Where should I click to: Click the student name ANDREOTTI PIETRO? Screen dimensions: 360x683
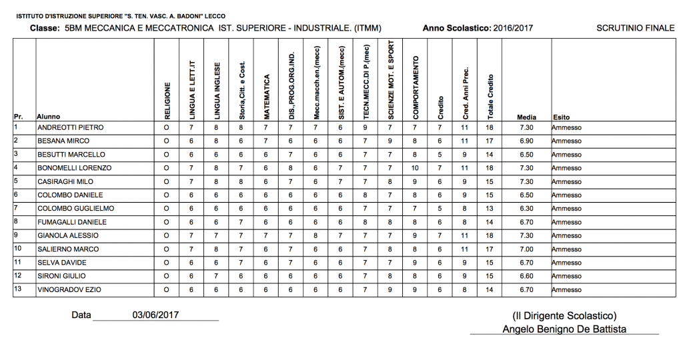pos(70,127)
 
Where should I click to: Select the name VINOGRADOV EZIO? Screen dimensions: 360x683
pos(70,290)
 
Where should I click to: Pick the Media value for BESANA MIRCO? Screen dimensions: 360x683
pos(526,141)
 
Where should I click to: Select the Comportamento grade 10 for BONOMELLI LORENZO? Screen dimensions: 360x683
pos(414,168)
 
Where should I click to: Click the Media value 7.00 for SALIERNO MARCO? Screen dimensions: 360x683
pos(526,249)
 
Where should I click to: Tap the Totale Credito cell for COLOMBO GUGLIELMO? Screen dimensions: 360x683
pos(490,209)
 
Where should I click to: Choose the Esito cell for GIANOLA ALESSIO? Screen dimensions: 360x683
pos(567,236)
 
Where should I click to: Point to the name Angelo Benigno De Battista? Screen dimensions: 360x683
pos(564,329)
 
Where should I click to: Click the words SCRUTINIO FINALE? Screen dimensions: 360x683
pos(635,28)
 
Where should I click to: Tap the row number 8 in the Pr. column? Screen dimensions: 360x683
pos(16,221)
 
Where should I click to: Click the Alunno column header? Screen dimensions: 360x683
pos(49,117)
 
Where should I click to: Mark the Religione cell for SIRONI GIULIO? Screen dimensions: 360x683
pos(167,276)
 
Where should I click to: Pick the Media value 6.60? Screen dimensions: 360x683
pos(526,276)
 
